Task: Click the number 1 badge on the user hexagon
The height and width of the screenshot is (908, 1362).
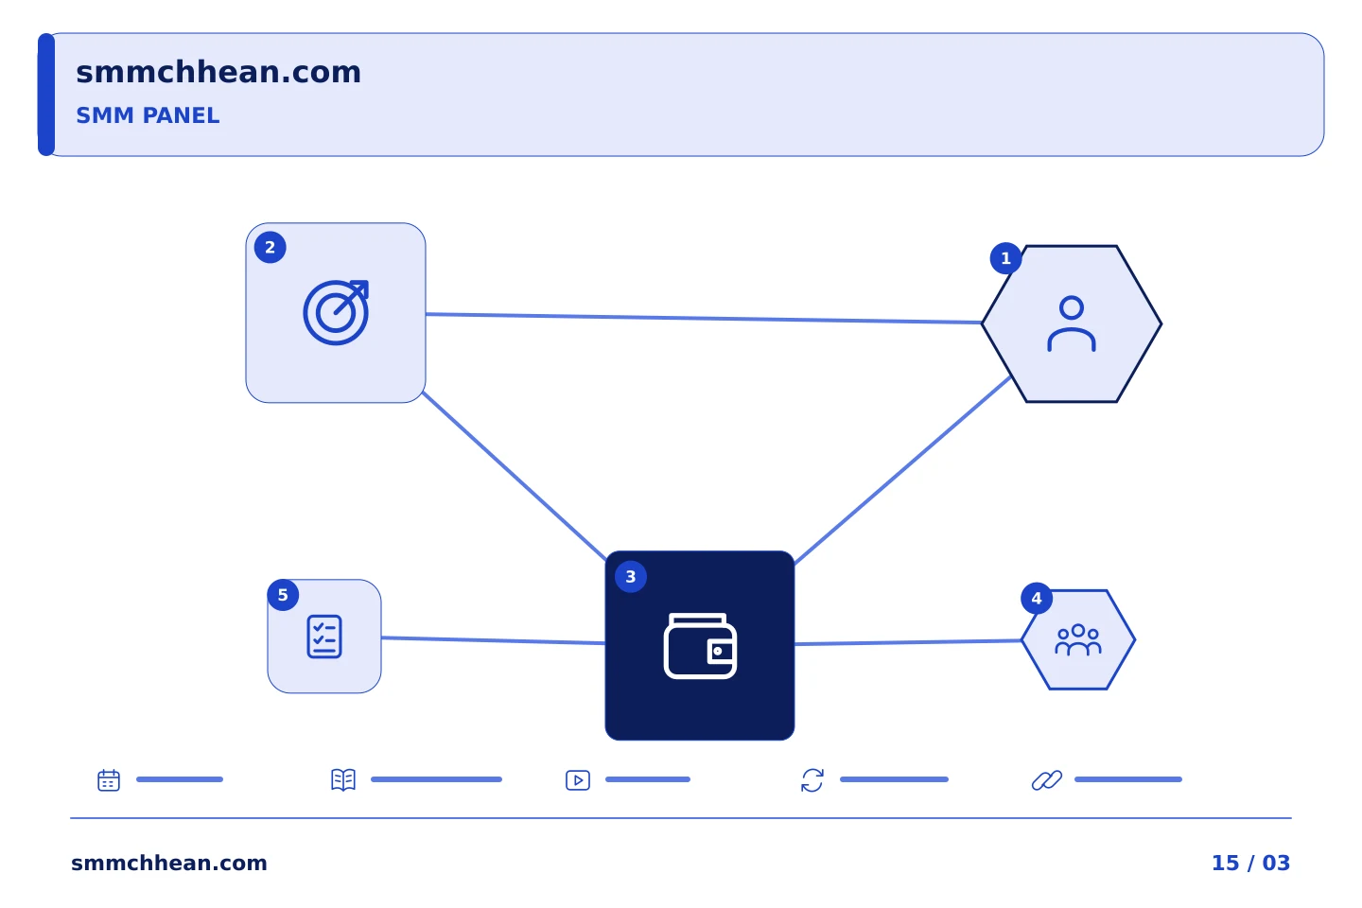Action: [x=1005, y=258]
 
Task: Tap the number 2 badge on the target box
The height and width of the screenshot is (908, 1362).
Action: [x=270, y=248]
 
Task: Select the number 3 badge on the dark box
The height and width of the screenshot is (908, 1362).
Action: [x=631, y=577]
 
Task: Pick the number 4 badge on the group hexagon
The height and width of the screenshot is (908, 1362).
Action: [x=1037, y=599]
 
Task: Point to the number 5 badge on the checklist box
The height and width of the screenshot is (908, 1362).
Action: [x=283, y=595]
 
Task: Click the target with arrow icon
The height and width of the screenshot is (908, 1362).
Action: [x=337, y=313]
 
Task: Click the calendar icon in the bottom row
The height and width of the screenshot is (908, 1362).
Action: [x=109, y=779]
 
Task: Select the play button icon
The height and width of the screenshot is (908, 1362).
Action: [x=578, y=780]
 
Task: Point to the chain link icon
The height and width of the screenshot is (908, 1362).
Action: [x=1047, y=780]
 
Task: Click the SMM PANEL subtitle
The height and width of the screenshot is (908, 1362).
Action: [x=148, y=115]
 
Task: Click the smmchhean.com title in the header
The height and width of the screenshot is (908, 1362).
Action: [x=218, y=72]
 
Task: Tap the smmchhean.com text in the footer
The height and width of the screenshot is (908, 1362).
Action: [x=169, y=863]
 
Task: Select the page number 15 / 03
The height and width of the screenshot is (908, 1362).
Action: [x=1250, y=863]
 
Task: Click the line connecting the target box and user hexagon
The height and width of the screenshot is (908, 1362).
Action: [x=704, y=318]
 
